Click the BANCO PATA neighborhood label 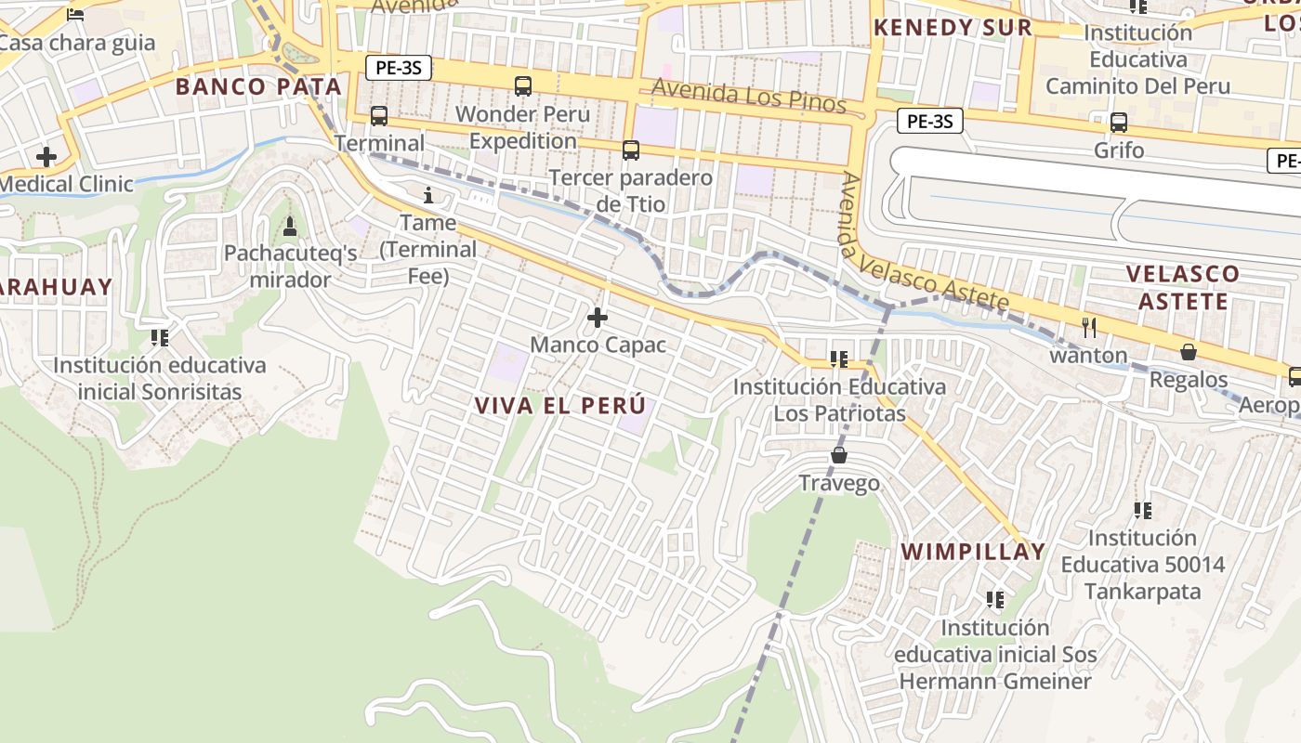[258, 87]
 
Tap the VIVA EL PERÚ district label [559, 406]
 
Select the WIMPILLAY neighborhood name [973, 552]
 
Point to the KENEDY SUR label [953, 28]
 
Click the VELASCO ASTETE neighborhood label [1183, 287]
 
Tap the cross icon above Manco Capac [598, 319]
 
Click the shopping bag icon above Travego [839, 455]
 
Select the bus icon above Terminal [379, 116]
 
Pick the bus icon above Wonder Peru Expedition [523, 86]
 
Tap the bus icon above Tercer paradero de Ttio [631, 150]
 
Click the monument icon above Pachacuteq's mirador [290, 226]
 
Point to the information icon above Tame [428, 195]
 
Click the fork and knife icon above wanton [1089, 327]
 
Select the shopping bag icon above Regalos [1188, 352]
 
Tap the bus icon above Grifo [1119, 122]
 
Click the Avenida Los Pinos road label [749, 95]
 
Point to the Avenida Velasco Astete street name [924, 243]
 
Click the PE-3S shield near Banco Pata [398, 68]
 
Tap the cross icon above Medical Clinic [46, 156]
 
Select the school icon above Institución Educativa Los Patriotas [839, 358]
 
